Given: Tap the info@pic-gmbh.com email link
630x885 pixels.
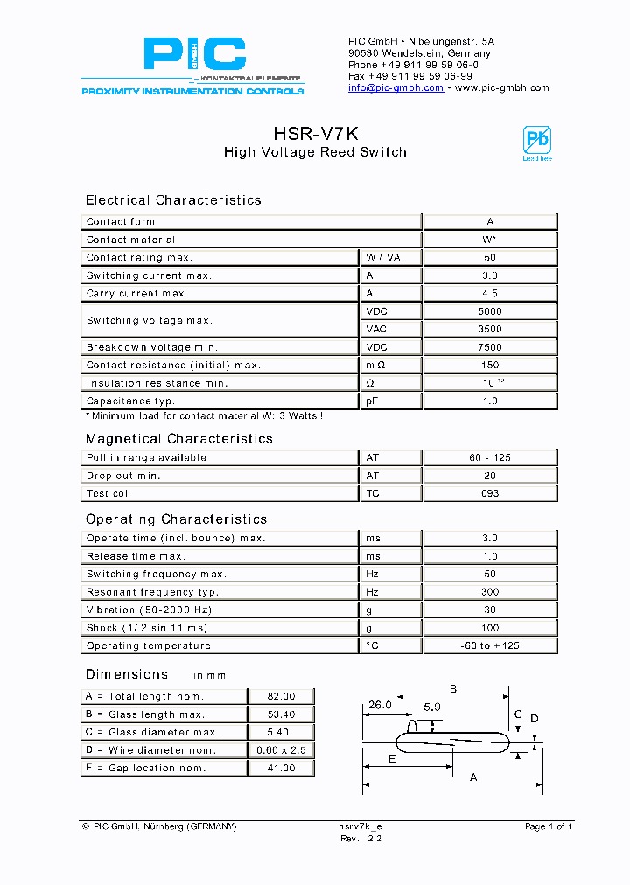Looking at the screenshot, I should [x=395, y=88].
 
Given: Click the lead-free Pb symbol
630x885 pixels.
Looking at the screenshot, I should [x=536, y=143].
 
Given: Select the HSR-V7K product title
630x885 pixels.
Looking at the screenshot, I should [x=315, y=133].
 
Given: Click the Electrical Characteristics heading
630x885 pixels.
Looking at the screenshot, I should [x=173, y=200].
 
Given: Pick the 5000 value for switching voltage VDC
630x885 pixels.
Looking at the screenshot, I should [x=490, y=311].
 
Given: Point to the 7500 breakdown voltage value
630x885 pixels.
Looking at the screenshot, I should [x=490, y=347].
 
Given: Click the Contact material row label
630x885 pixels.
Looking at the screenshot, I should [x=130, y=240].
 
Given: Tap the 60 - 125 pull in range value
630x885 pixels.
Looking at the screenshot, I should [x=490, y=457].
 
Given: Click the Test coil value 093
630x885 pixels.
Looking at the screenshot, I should [x=490, y=493].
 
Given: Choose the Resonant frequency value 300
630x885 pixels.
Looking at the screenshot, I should [x=490, y=592].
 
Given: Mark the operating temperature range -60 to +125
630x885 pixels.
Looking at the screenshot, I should [x=490, y=645].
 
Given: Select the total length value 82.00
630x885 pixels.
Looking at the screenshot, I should [x=281, y=696].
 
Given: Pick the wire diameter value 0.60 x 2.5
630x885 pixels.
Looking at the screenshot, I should [x=281, y=750].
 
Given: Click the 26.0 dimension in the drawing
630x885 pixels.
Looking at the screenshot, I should [x=379, y=705].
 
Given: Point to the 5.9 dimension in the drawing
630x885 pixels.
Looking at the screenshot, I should [x=431, y=707].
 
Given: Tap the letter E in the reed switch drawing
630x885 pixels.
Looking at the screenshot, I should [x=391, y=758].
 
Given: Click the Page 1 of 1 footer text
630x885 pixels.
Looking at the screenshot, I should [x=549, y=826].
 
